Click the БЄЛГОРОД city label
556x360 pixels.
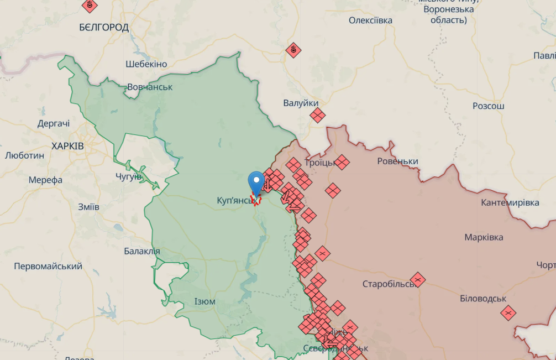click(104, 27)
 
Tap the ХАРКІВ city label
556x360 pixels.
click(67, 146)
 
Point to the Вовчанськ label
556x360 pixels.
click(150, 87)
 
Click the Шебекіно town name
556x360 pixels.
click(146, 64)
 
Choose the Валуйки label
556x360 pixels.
click(301, 103)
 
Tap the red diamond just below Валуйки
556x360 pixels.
click(317, 116)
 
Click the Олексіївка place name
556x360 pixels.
click(370, 20)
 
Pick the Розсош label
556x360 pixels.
click(489, 106)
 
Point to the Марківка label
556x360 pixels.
click(484, 237)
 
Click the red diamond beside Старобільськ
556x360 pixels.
click(418, 280)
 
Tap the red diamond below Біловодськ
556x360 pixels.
click(508, 313)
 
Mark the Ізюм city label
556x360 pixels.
click(205, 301)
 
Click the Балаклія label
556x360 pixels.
click(142, 251)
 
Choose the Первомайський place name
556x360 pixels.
click(48, 266)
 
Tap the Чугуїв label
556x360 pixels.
click(129, 176)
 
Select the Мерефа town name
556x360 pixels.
click(45, 180)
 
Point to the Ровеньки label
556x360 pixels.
click(397, 161)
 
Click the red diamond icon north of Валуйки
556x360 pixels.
click(293, 51)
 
